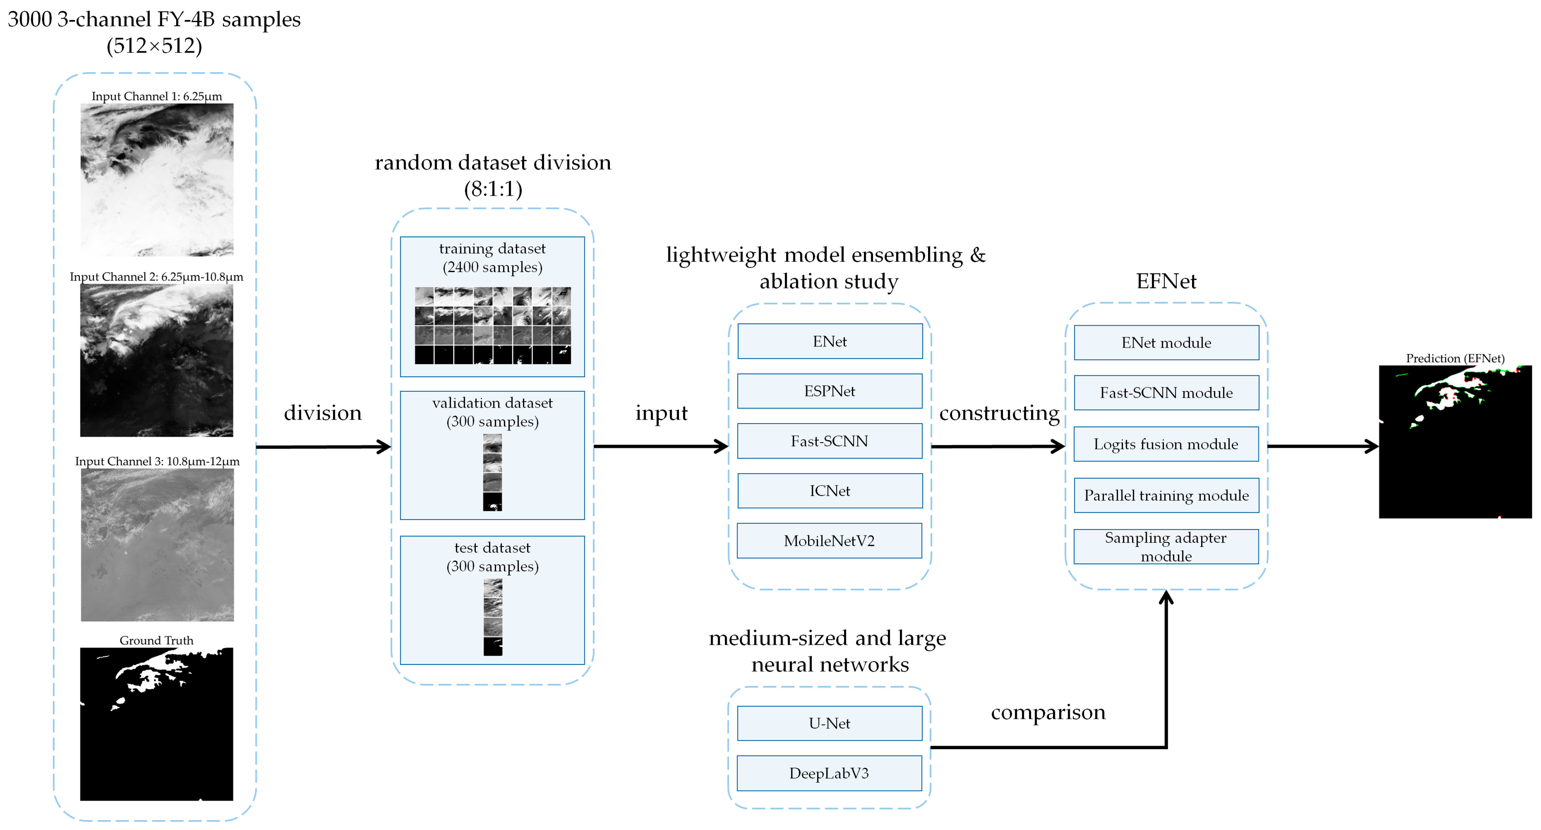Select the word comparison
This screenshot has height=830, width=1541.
[x=1048, y=712]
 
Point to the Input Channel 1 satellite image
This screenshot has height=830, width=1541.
[x=157, y=180]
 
